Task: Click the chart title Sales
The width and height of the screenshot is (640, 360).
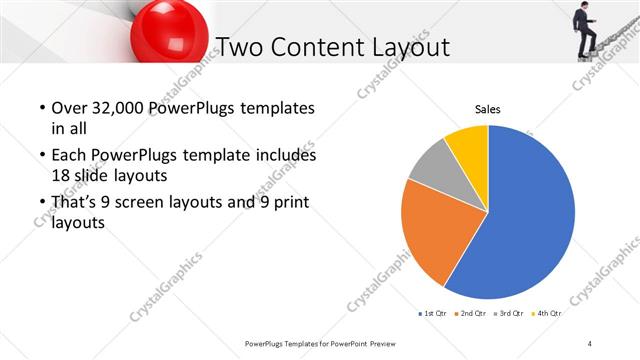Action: click(x=487, y=109)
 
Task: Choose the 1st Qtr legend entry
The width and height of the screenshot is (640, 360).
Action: click(x=434, y=314)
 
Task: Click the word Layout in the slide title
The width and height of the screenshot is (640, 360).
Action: click(x=406, y=47)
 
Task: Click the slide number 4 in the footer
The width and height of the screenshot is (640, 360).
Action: click(x=590, y=344)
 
